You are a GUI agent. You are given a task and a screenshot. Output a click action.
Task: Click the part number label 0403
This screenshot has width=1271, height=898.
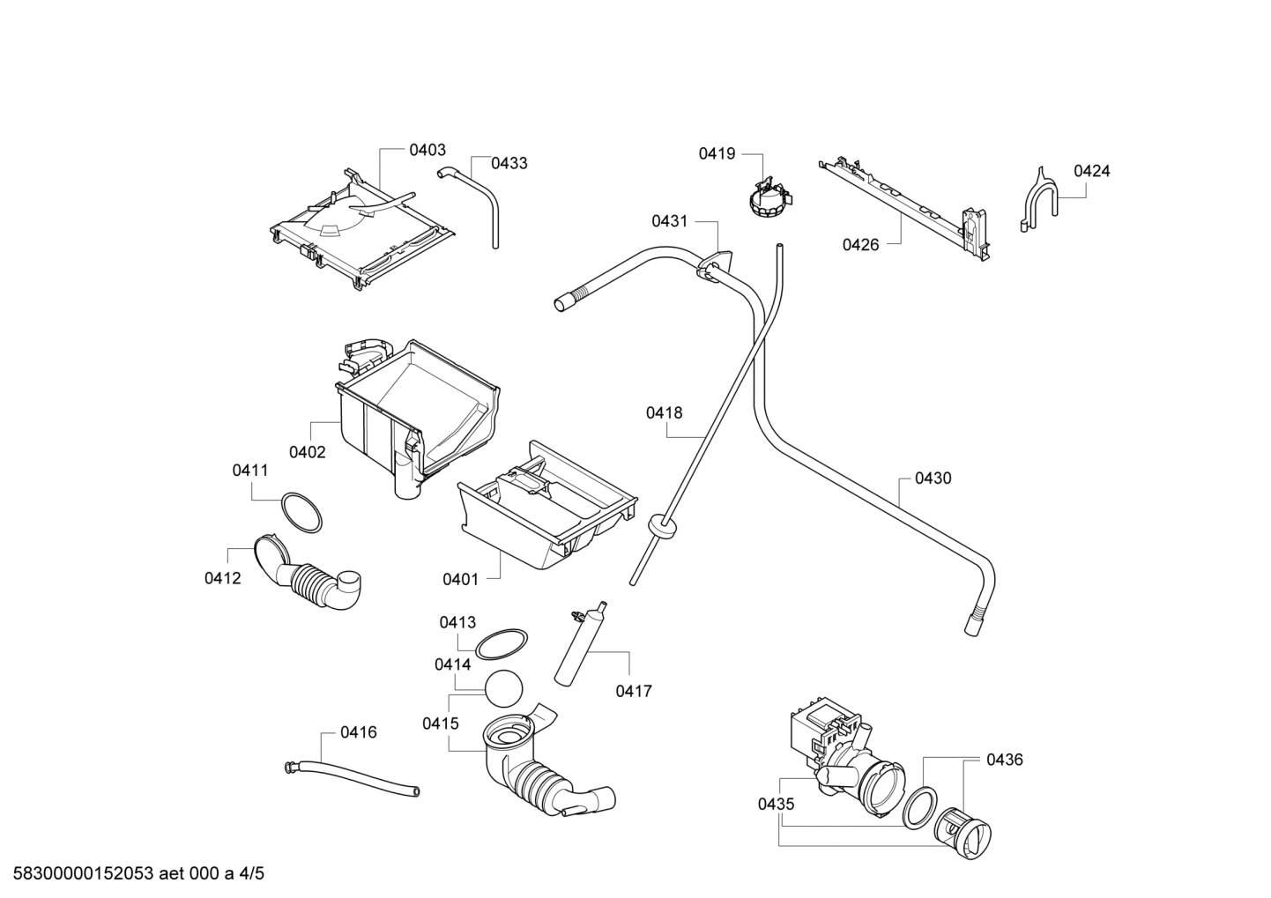click(x=427, y=151)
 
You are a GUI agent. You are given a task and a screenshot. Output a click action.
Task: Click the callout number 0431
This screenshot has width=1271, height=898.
click(x=670, y=221)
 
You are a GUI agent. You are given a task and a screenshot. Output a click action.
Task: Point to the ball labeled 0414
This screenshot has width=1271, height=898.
click(x=503, y=688)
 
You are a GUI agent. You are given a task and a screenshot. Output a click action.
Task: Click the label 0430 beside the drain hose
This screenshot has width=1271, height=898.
click(x=933, y=479)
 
